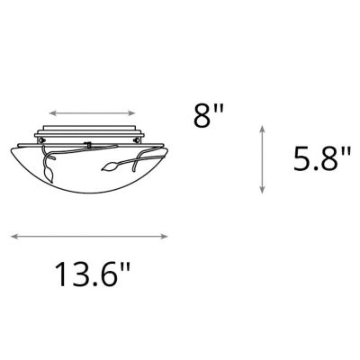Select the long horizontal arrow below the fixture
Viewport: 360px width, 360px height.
(90, 237)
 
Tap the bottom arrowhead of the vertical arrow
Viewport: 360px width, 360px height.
(261, 190)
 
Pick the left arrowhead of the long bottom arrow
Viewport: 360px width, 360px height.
(13, 237)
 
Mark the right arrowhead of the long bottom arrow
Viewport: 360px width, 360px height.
(166, 237)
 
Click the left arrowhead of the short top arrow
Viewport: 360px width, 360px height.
(50, 113)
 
